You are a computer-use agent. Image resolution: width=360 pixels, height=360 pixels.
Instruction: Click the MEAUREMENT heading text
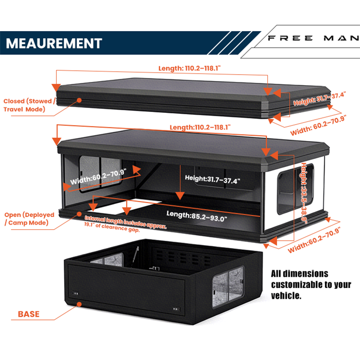[54, 43]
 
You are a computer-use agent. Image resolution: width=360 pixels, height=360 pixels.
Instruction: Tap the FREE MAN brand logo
[314, 38]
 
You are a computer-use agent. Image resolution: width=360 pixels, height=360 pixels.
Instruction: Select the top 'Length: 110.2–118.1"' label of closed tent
[189, 68]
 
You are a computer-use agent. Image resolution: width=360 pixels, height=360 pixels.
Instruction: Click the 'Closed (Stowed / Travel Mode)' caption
[29, 105]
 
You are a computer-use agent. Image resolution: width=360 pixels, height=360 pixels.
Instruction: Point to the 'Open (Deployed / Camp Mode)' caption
[29, 219]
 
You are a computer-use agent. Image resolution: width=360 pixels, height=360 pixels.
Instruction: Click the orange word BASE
[29, 314]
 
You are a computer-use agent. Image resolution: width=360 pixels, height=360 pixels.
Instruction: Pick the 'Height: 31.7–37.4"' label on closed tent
[319, 99]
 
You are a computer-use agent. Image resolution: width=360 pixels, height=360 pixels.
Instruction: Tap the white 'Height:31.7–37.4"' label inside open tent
[212, 179]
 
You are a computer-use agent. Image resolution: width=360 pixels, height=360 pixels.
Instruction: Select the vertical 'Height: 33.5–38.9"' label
[304, 193]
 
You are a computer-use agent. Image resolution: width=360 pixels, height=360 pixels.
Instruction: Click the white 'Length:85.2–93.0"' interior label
[197, 216]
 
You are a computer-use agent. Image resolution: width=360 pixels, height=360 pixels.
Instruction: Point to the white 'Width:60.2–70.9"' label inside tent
[98, 176]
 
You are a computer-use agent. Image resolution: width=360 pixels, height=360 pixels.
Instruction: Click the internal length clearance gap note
[125, 224]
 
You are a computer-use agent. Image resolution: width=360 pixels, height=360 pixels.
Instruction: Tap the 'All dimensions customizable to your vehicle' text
[311, 284]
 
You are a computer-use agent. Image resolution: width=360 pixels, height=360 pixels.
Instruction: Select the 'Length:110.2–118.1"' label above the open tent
[200, 127]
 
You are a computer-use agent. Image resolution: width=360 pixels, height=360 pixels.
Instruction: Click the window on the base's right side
[228, 287]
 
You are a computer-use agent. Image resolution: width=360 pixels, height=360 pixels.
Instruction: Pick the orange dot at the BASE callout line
[79, 304]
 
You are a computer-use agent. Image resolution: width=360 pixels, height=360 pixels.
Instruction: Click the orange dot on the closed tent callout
[79, 100]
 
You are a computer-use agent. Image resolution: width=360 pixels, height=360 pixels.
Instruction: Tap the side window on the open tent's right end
[296, 189]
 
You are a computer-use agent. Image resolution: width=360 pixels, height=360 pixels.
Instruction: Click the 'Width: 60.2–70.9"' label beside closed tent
[318, 126]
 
